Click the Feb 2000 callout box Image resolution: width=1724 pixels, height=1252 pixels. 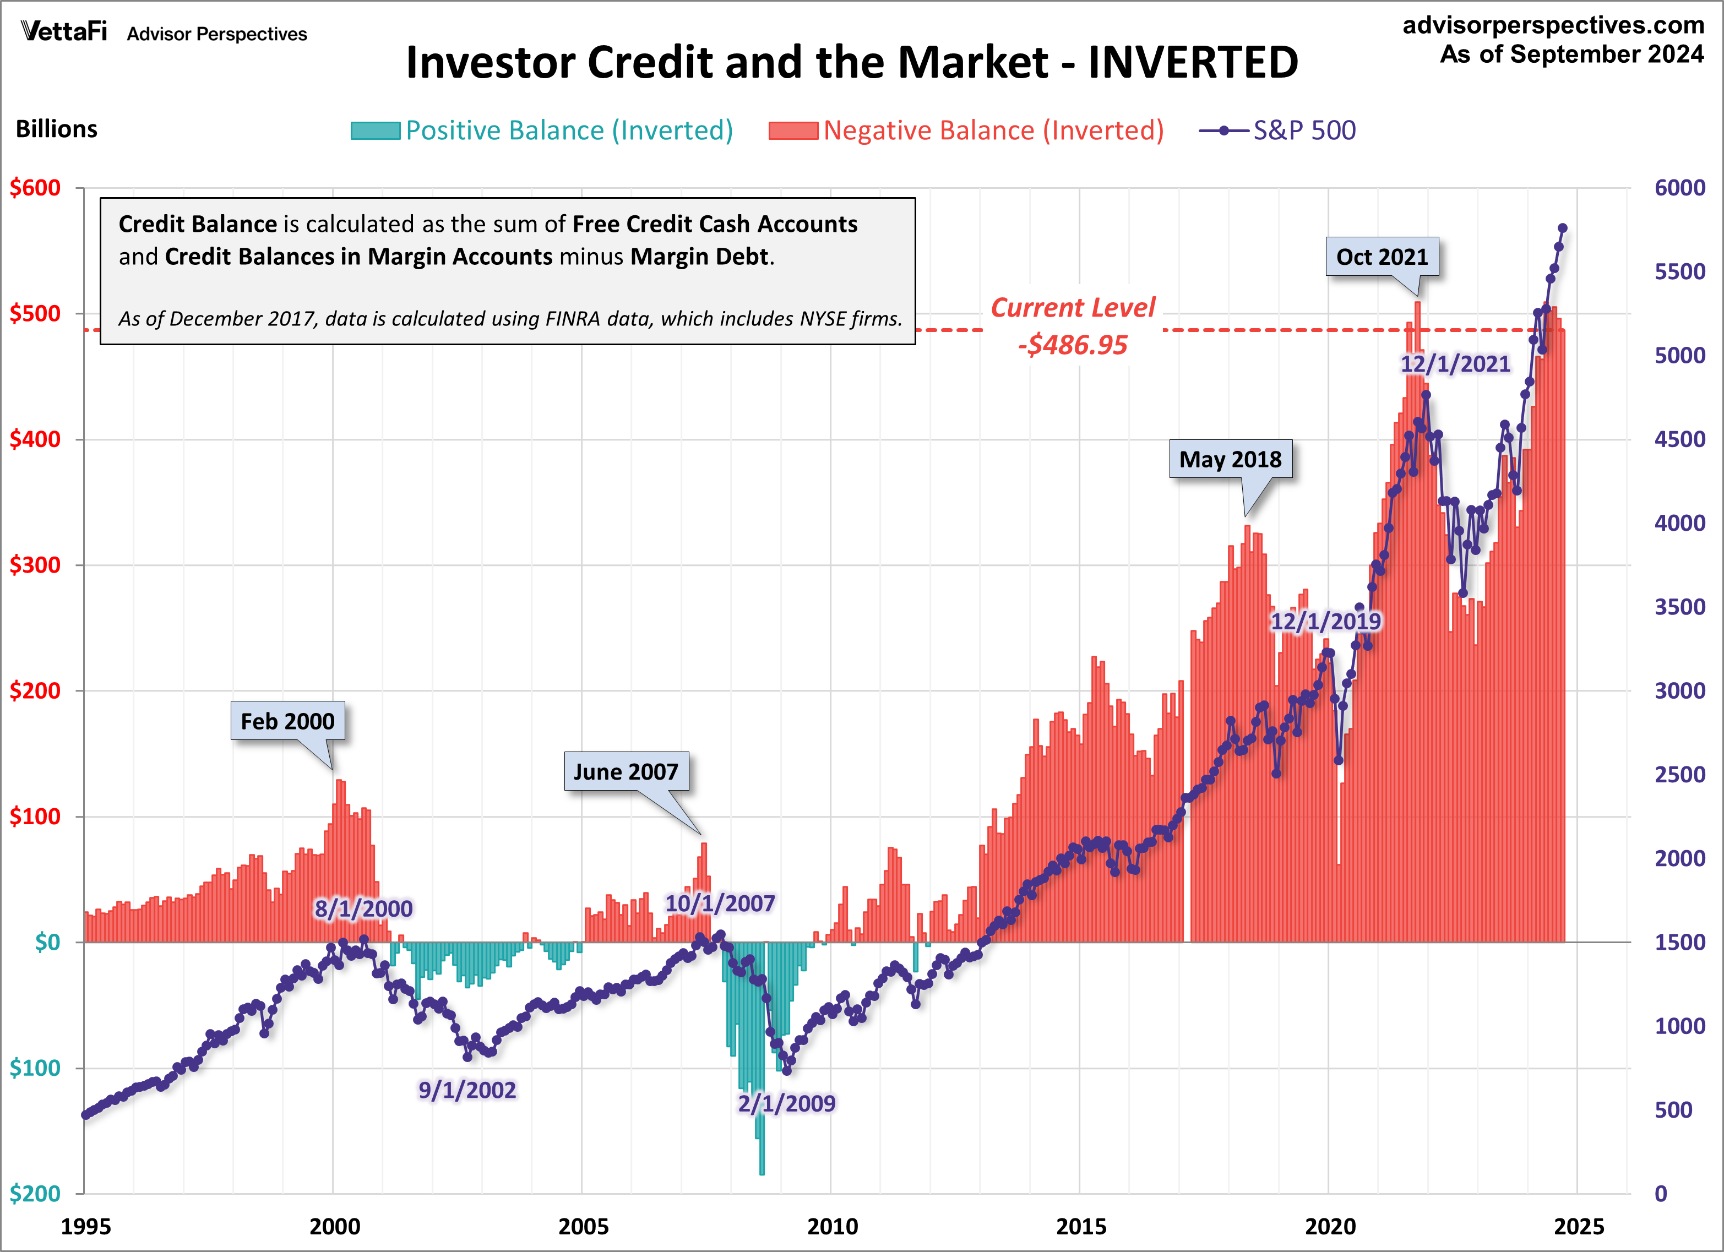[x=287, y=721]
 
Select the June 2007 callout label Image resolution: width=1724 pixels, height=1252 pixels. [x=626, y=771]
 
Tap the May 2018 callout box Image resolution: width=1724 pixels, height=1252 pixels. [x=1230, y=459]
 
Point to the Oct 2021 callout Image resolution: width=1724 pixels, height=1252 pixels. [x=1382, y=257]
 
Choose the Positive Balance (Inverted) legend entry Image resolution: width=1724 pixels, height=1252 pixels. [x=541, y=130]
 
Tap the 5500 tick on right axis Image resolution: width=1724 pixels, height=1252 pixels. [x=1679, y=272]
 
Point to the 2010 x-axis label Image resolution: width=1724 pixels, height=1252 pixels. [x=831, y=1226]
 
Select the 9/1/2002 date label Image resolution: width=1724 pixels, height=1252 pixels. [x=467, y=1090]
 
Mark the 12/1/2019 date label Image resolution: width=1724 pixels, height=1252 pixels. [x=1326, y=621]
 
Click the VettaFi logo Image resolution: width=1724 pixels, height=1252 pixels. [x=64, y=32]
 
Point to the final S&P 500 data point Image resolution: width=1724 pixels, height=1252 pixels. [x=1563, y=228]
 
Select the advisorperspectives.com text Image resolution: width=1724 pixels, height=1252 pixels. [x=1553, y=25]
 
